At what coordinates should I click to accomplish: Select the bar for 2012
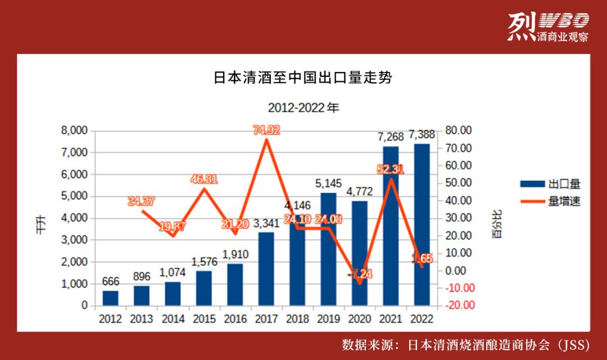pyautogui.click(x=111, y=298)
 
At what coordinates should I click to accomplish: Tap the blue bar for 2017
pyautogui.click(x=266, y=269)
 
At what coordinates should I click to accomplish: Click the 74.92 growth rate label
pyautogui.click(x=266, y=130)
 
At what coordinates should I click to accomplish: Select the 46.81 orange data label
pyautogui.click(x=203, y=180)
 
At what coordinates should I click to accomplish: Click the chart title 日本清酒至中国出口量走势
pyautogui.click(x=303, y=78)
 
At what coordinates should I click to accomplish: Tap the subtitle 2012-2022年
pyautogui.click(x=303, y=107)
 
